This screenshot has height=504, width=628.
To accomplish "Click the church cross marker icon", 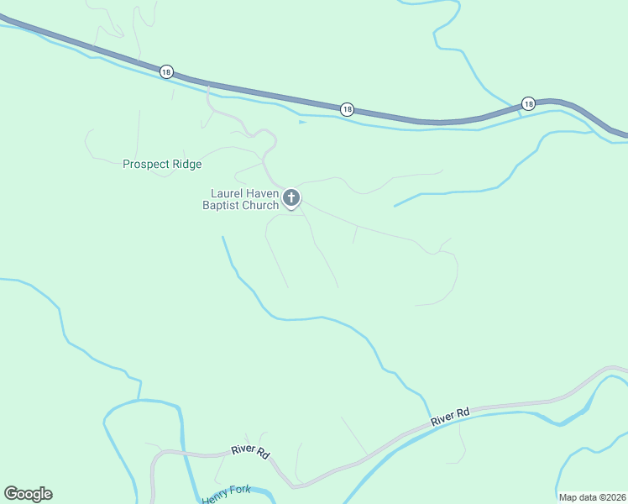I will pyautogui.click(x=291, y=198).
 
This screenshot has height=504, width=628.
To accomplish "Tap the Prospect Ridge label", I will pyautogui.click(x=162, y=164).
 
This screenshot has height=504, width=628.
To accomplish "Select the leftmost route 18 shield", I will pyautogui.click(x=166, y=72).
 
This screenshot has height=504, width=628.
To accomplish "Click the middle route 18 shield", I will pyautogui.click(x=347, y=109).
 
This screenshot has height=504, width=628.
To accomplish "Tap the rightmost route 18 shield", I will pyautogui.click(x=527, y=103).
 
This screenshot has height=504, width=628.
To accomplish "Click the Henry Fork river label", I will pyautogui.click(x=227, y=496).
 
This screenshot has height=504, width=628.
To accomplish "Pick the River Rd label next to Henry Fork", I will pyautogui.click(x=251, y=452).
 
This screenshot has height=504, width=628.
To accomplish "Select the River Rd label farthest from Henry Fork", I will pyautogui.click(x=450, y=416).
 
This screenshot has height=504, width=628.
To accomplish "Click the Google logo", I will pyautogui.click(x=28, y=494).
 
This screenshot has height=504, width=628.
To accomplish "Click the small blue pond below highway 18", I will pyautogui.click(x=302, y=122).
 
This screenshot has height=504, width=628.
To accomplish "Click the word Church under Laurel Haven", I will pyautogui.click(x=261, y=205).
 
